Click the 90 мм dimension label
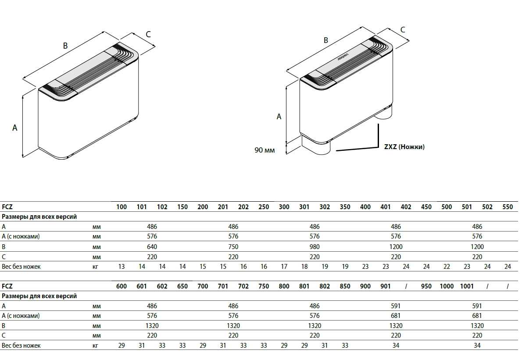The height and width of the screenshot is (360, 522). pyautogui.click(x=265, y=150)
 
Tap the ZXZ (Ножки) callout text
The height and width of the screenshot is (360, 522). pyautogui.click(x=404, y=147)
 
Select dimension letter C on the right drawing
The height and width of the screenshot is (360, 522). pyautogui.click(x=402, y=29)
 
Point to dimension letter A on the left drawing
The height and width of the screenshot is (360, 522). pyautogui.click(x=14, y=128)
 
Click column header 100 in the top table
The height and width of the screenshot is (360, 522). pyautogui.click(x=122, y=207)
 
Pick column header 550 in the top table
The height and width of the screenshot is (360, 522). pyautogui.click(x=507, y=207)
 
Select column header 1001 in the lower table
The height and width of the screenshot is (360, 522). pyautogui.click(x=467, y=286)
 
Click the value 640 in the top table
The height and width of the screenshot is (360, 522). pyautogui.click(x=152, y=247)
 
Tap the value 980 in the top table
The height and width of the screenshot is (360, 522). pyautogui.click(x=315, y=247)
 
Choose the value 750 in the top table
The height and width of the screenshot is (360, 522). pyautogui.click(x=233, y=247)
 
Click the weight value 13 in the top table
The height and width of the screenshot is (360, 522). pyautogui.click(x=122, y=267)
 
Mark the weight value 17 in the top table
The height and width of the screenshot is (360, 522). pyautogui.click(x=284, y=267)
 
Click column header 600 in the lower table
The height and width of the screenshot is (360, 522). pyautogui.click(x=122, y=286)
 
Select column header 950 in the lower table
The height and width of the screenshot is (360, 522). pyautogui.click(x=426, y=286)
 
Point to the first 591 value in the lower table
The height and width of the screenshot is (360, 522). pyautogui.click(x=396, y=306)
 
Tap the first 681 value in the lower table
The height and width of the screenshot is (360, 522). pyautogui.click(x=396, y=316)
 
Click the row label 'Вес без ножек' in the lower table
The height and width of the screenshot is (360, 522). pyautogui.click(x=21, y=346)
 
